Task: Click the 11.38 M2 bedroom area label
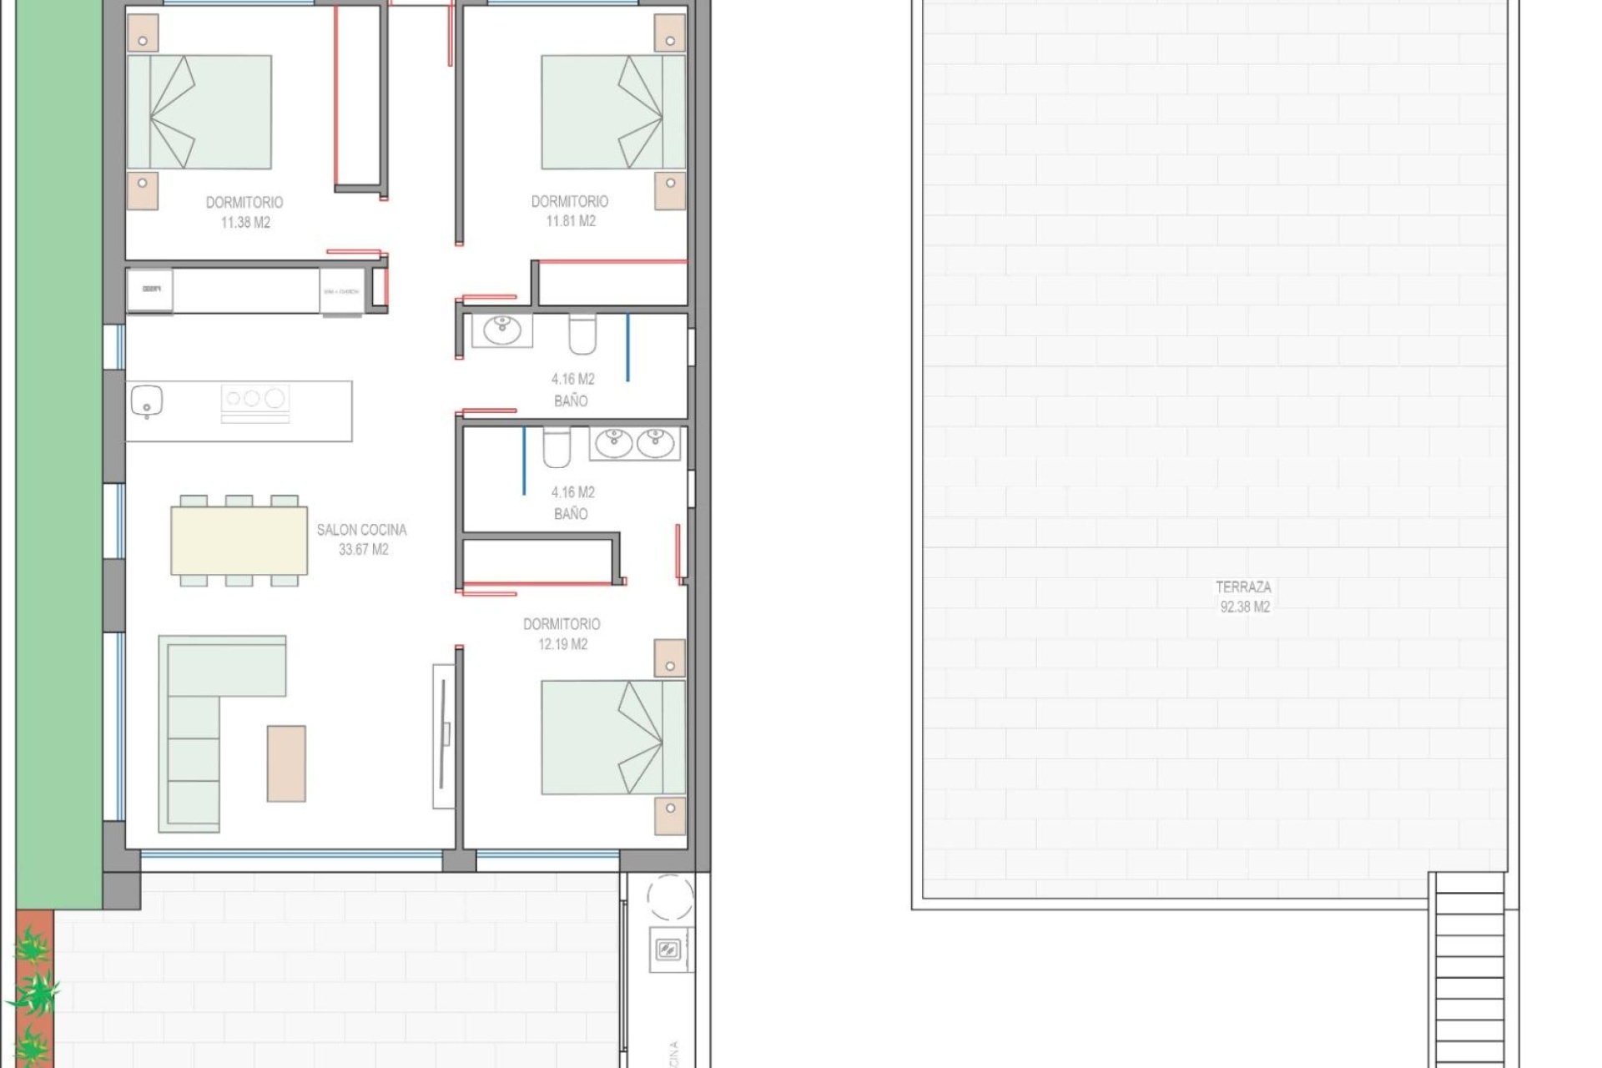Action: (x=245, y=223)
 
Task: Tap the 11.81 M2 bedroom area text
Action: (x=571, y=221)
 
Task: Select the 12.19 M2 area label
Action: (x=562, y=644)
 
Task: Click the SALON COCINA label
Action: (x=361, y=530)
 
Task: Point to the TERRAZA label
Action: (x=1243, y=587)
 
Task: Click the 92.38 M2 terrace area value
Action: (x=1245, y=607)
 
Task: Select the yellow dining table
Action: (x=239, y=541)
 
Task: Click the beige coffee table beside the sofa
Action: (x=286, y=763)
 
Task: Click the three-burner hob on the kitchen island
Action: (x=254, y=399)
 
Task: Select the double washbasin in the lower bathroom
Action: (x=634, y=443)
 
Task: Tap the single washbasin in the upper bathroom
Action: (x=502, y=330)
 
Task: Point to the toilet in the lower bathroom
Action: (x=557, y=447)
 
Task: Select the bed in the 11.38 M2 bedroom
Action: (x=199, y=112)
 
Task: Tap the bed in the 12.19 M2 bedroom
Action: (x=612, y=737)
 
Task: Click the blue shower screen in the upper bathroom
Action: (x=627, y=347)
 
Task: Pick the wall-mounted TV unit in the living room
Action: (x=444, y=735)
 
